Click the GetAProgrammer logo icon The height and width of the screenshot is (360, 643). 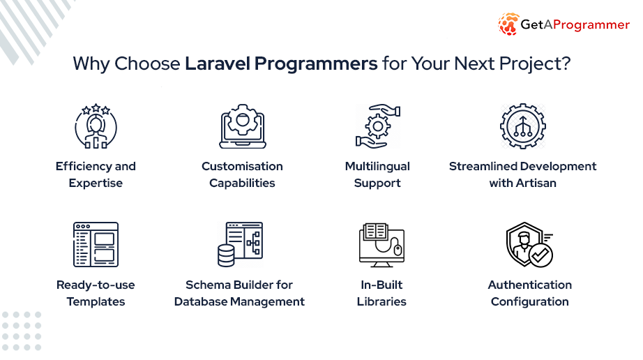(508, 24)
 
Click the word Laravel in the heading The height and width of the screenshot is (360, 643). (218, 63)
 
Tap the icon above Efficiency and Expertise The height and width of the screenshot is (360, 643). (96, 126)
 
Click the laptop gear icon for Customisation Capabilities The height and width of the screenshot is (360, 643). (243, 126)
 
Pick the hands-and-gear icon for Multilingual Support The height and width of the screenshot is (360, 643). (378, 126)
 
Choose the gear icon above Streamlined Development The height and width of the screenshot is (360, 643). (523, 126)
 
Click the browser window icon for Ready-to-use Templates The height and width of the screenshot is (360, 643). (96, 245)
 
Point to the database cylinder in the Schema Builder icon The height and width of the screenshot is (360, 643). (226, 255)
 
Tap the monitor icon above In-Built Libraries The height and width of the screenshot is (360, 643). (381, 245)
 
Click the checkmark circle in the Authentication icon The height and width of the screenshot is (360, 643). (540, 255)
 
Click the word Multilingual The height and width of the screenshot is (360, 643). (377, 166)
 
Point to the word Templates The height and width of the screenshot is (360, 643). (96, 302)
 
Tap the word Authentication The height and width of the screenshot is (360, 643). (530, 285)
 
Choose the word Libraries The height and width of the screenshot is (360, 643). (381, 301)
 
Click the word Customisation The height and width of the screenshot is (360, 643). (243, 166)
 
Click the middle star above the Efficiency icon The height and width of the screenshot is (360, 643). (96, 107)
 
